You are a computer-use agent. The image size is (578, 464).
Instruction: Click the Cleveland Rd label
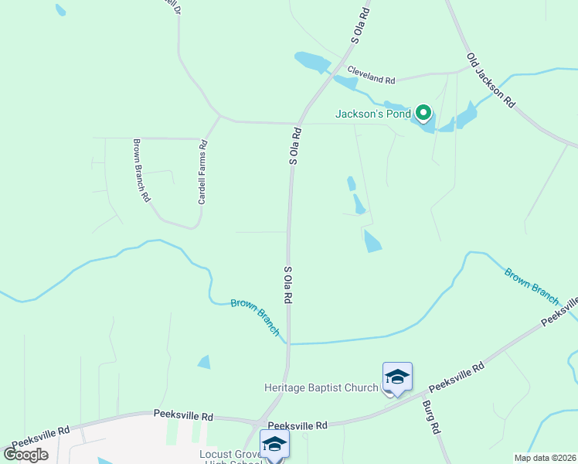point(371,75)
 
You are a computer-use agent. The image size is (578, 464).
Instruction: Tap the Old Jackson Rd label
point(491,80)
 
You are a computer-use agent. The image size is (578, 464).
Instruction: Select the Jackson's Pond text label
point(371,114)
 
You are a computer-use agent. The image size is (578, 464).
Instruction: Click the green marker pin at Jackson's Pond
point(423,113)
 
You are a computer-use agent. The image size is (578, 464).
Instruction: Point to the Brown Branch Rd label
point(141,170)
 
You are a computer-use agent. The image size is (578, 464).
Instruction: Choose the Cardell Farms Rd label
point(203,172)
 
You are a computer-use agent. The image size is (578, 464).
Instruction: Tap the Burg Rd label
point(430,417)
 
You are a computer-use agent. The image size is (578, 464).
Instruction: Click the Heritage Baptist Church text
point(321,387)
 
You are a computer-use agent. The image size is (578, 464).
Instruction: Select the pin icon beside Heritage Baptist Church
point(397,377)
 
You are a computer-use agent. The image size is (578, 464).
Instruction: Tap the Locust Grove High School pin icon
point(274,444)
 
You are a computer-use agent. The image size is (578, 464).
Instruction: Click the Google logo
point(25,455)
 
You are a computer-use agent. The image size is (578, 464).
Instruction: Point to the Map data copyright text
point(544,458)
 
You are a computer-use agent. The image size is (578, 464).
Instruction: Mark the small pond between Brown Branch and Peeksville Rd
point(204,361)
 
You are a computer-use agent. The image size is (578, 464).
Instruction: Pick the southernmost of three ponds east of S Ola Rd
point(372,241)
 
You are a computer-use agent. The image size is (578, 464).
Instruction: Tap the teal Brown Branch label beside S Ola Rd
point(255,316)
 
